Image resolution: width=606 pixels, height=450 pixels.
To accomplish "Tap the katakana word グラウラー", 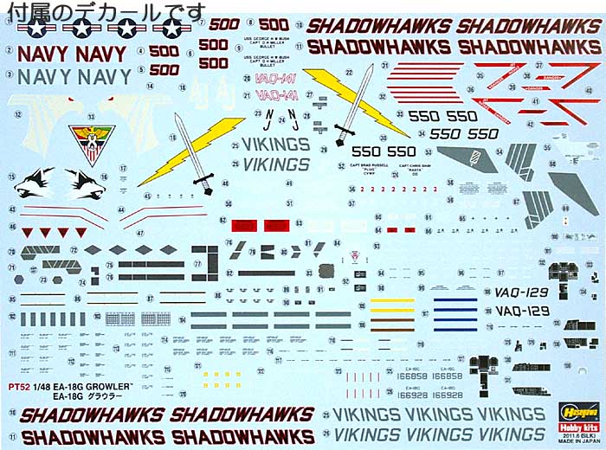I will click(113, 396).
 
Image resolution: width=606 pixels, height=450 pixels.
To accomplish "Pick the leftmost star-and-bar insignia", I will click(36, 30).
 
